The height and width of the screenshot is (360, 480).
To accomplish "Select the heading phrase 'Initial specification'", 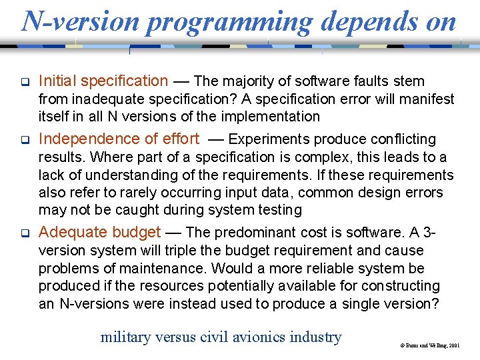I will pos(103,81).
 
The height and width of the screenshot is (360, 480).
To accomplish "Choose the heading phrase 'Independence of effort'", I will pos(119,139).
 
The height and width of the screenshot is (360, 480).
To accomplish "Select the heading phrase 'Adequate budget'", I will pos(99,232).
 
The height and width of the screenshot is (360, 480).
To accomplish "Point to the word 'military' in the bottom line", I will pos(126,337).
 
